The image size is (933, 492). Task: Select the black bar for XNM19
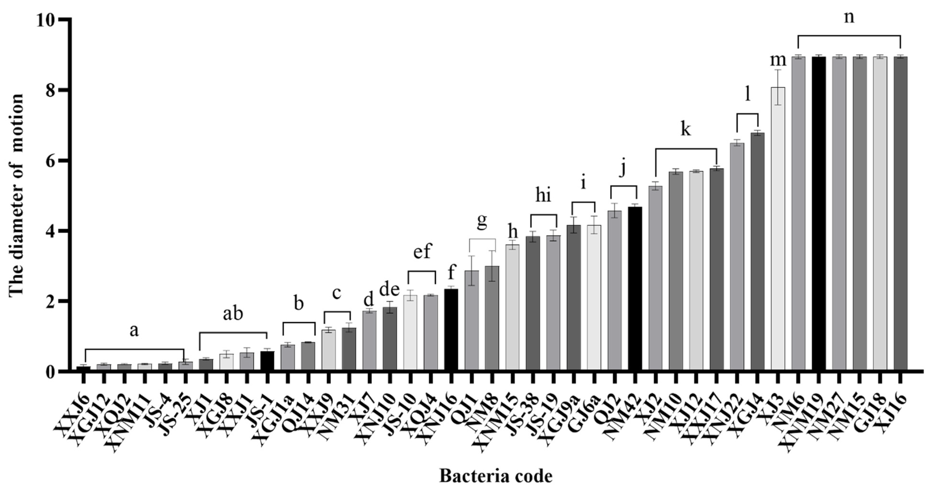click(818, 214)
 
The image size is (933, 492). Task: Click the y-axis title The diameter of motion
click(16, 195)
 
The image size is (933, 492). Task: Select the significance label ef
click(422, 251)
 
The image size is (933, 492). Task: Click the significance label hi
click(543, 195)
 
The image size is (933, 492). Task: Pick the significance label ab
click(232, 314)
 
